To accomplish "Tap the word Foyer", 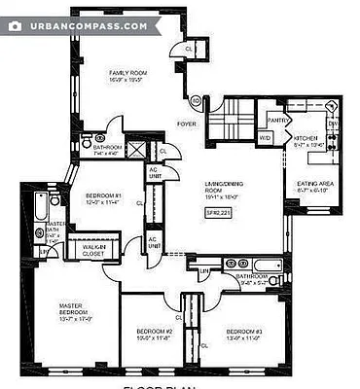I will click(x=185, y=124).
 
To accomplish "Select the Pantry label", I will click(x=276, y=120).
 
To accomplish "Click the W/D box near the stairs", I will click(x=265, y=139).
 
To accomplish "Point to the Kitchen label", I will click(x=307, y=139).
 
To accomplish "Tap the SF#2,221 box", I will click(x=216, y=212).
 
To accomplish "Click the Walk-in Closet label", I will click(x=94, y=250).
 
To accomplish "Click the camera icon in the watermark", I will click(x=15, y=26).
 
